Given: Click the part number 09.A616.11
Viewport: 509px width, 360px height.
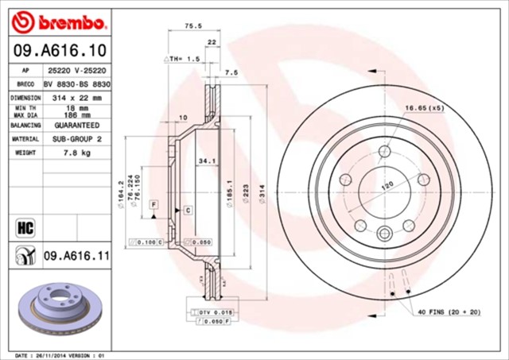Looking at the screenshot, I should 76,255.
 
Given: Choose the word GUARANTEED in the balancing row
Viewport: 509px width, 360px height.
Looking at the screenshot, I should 76,125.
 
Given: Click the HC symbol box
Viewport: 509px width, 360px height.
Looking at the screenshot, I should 23,229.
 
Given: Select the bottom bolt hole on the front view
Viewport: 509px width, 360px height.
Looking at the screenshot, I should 385,233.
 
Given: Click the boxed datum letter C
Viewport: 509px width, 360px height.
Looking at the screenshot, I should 188,210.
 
